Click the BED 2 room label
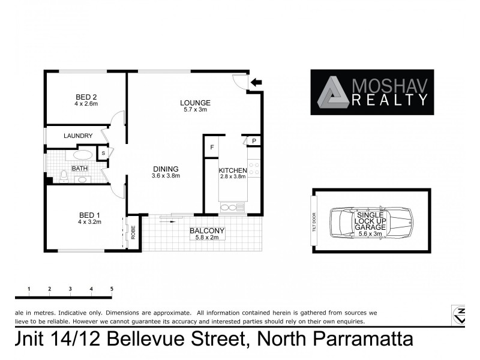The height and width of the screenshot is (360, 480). [86, 97]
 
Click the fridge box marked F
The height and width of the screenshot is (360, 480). [211, 147]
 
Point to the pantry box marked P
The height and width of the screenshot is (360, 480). [254, 142]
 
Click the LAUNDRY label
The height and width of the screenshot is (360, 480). [77, 136]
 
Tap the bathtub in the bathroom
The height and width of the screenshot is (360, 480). [83, 154]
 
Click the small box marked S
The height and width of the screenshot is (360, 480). [103, 154]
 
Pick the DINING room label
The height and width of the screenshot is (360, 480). [165, 169]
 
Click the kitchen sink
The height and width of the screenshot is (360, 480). [232, 208]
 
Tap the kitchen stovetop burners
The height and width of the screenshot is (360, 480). [254, 169]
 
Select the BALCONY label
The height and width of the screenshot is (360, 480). [206, 231]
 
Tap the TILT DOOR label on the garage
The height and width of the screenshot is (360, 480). [313, 221]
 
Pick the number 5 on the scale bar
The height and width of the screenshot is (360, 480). [112, 289]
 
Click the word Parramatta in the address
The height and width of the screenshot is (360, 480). [366, 340]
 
